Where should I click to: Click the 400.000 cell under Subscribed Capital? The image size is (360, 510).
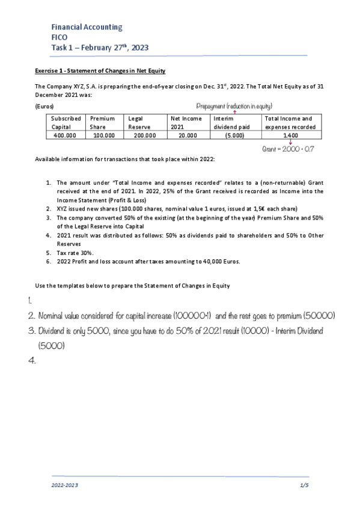64,136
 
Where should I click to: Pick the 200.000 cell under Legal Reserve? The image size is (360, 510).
144,136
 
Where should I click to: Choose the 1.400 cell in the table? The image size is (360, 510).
290,136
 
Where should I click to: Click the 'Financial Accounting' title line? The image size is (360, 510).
87,27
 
